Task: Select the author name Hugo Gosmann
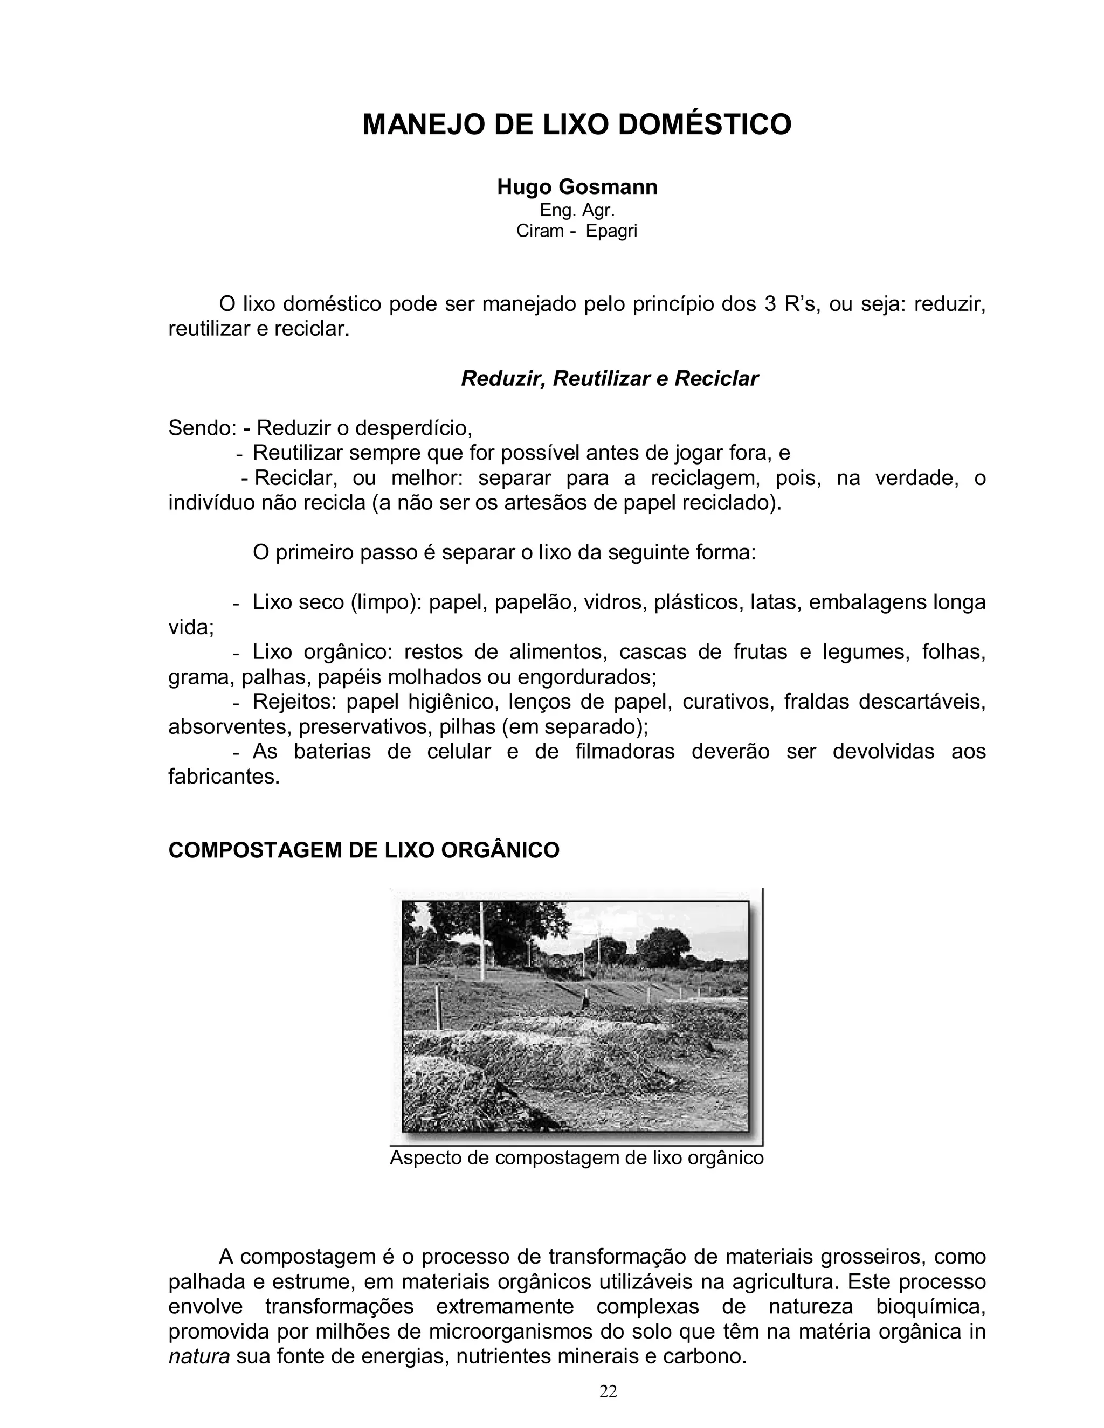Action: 577,187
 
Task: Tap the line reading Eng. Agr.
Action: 577,211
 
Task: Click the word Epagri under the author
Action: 611,232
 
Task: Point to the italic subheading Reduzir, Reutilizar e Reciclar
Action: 610,379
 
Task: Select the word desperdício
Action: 413,429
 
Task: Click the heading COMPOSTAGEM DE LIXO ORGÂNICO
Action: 364,850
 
